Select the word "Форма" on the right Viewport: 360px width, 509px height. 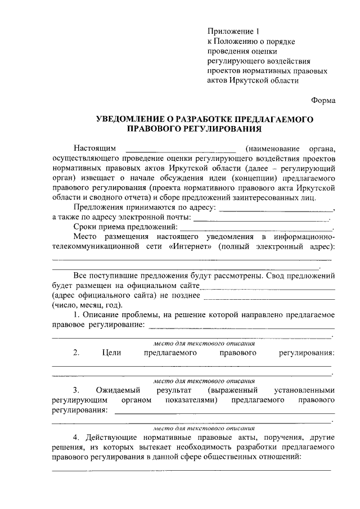coord(323,100)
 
